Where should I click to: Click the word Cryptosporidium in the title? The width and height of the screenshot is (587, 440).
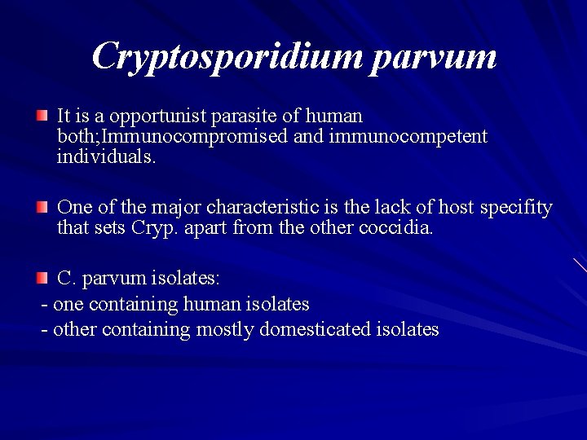(x=226, y=57)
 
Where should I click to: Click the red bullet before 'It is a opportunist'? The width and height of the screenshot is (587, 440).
(x=42, y=117)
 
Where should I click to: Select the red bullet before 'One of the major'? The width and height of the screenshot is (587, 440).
(x=42, y=208)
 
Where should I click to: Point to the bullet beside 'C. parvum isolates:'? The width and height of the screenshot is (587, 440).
(x=42, y=279)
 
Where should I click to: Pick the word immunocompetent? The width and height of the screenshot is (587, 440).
(x=408, y=136)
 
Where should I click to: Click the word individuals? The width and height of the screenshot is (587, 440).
(x=105, y=156)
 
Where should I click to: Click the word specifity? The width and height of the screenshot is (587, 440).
(x=516, y=208)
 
